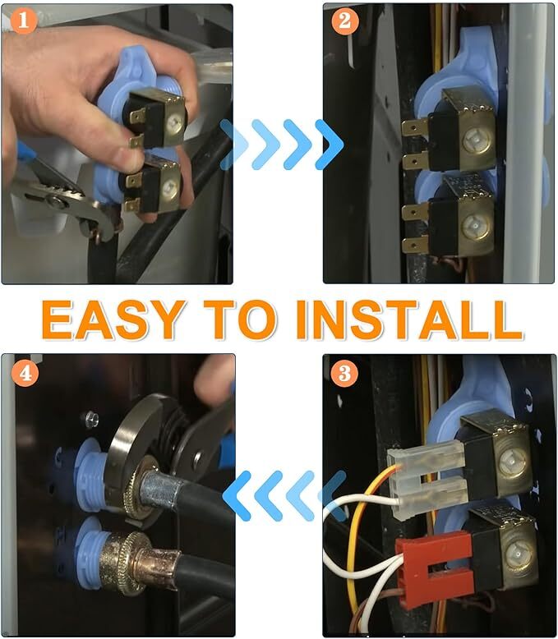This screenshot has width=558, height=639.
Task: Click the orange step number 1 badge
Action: tap(23, 21)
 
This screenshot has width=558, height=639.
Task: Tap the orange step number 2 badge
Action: tap(345, 21)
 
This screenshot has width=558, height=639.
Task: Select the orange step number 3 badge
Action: tap(345, 373)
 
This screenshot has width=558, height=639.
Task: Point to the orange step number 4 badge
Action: tap(25, 373)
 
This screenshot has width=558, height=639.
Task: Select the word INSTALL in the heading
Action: tap(409, 319)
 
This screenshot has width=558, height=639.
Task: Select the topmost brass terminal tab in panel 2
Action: tap(415, 128)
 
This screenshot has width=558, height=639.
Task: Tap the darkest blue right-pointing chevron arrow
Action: tap(330, 145)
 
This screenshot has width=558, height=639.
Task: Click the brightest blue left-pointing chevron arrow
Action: tap(237, 495)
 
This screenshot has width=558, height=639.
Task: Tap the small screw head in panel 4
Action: tap(91, 419)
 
